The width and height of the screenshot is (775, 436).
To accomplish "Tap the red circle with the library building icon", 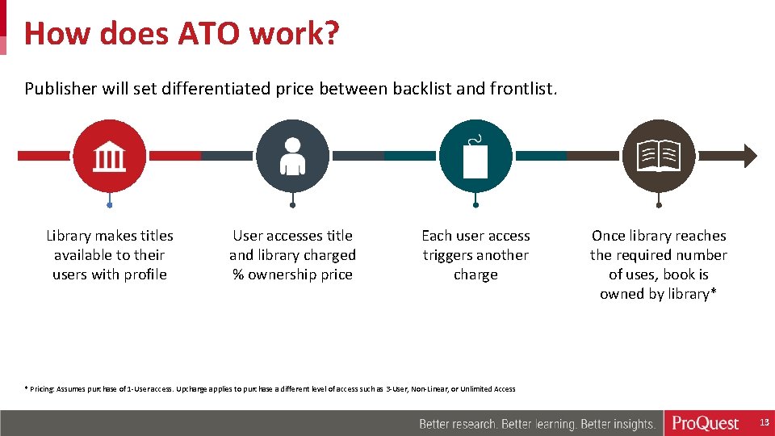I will (x=110, y=156).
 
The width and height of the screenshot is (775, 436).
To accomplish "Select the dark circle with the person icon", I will (x=292, y=156).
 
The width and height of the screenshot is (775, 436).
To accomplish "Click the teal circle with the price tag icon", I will (x=475, y=156).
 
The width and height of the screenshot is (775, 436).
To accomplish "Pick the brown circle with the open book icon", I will (x=659, y=156).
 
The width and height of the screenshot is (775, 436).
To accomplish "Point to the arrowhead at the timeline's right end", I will (x=750, y=156).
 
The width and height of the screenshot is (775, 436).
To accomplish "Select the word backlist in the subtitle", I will (x=422, y=88).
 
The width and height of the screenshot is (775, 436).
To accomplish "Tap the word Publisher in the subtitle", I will (x=61, y=88).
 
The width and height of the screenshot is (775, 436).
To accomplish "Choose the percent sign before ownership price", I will (x=238, y=275).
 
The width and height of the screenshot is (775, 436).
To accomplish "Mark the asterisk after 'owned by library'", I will (x=714, y=293).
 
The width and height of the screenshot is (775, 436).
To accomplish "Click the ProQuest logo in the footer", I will (x=706, y=424).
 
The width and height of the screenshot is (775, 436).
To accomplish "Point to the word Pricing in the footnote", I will (x=42, y=389).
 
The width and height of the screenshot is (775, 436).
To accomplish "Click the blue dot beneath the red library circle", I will (x=110, y=205).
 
